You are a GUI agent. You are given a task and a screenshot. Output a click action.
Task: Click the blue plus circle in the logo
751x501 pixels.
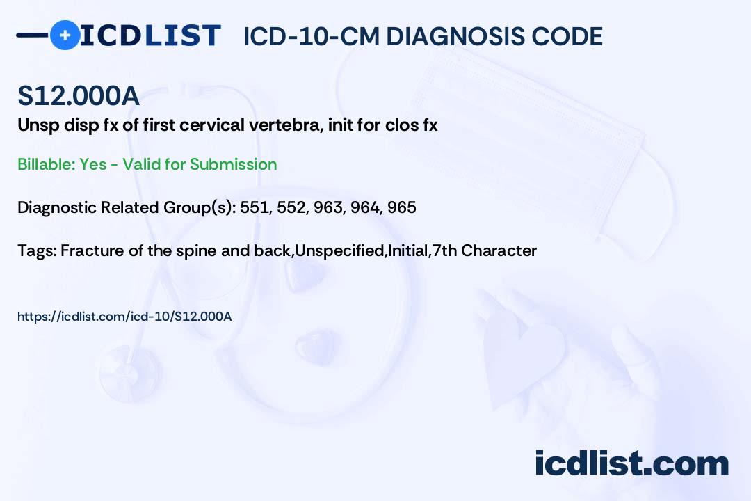point(65,35)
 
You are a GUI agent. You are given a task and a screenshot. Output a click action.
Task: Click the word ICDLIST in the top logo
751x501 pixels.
point(150,35)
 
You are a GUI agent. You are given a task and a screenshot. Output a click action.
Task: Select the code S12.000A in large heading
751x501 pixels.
point(79,95)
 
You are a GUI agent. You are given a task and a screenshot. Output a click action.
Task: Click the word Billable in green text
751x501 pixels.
point(47,164)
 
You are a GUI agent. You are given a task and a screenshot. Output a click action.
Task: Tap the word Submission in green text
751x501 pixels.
point(233,164)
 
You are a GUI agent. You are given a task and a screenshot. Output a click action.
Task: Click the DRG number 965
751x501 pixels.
point(402,207)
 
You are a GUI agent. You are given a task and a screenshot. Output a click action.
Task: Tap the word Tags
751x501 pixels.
point(37,250)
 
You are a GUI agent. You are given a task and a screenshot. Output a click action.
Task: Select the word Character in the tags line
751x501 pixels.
point(499,250)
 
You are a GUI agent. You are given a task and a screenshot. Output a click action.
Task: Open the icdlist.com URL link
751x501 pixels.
point(124,317)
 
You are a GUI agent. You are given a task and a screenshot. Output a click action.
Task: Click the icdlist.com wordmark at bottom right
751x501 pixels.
point(631,463)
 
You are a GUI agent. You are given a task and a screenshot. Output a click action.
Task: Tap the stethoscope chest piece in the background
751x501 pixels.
point(130,374)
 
